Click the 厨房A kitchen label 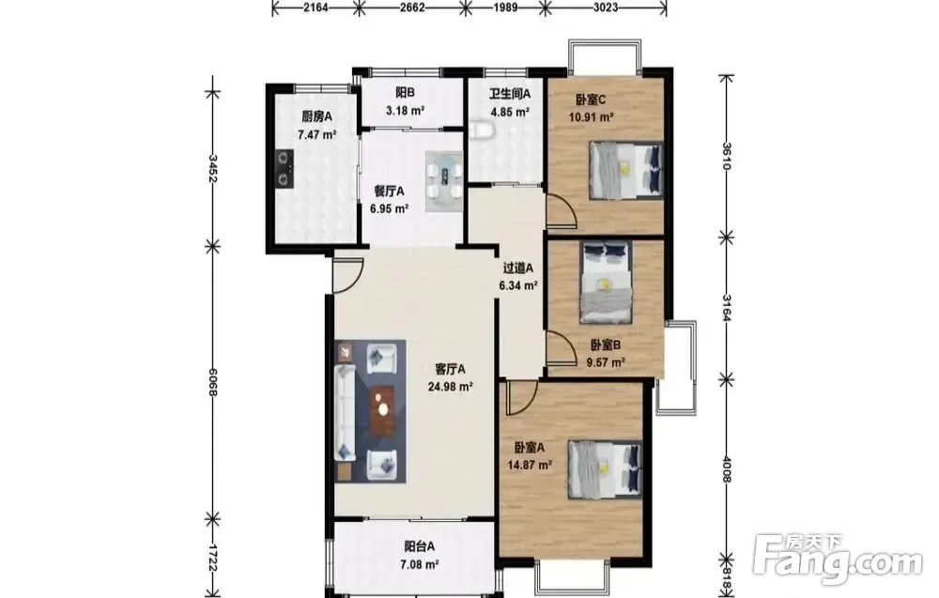coord(316,116)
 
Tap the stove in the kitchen coord(284,168)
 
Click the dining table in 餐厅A coord(444,181)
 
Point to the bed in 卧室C coord(626,169)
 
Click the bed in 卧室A coord(605,468)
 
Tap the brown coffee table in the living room coord(382,411)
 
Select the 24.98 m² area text coord(451,387)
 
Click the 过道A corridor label coord(517,268)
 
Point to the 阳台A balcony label coord(419,546)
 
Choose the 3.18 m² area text coord(406,110)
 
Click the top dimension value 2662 coord(412,8)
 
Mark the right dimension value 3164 coord(727,308)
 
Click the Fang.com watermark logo coord(839,559)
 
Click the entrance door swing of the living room coord(348,275)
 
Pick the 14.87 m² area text coord(530,465)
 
